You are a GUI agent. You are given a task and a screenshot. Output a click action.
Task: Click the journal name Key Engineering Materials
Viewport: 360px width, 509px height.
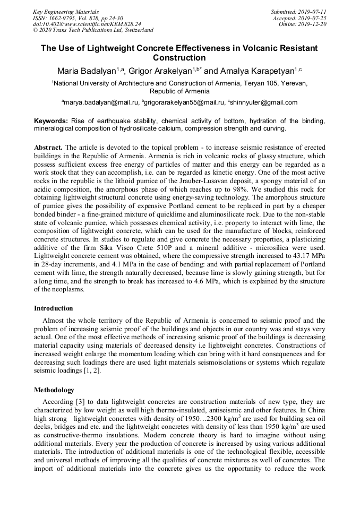(65, 11)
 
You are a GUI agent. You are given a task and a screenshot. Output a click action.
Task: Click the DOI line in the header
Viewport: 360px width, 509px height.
(87, 24)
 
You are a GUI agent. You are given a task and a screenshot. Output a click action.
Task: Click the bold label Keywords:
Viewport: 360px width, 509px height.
(51, 121)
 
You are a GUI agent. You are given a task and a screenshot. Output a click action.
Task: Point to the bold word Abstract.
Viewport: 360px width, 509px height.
(49, 146)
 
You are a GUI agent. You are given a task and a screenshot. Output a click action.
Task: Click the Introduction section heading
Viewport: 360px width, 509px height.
(54, 308)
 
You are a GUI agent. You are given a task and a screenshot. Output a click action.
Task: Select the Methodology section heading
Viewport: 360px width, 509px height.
(54, 390)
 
